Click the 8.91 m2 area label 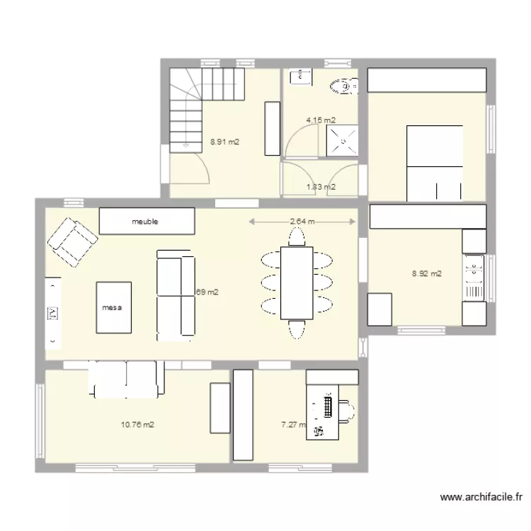224,142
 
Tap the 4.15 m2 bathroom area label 320,120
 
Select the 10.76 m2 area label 137,425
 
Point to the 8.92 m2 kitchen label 427,273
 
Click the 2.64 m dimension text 303,222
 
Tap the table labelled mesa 113,307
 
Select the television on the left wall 53,312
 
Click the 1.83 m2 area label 320,187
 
